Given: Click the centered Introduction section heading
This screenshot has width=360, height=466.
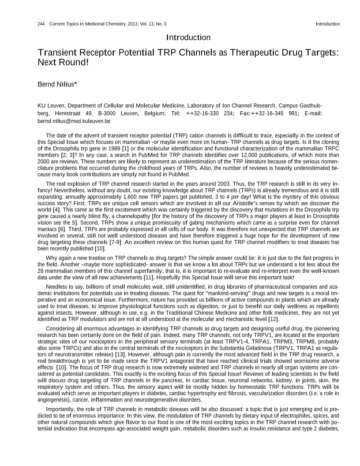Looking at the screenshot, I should (188, 38).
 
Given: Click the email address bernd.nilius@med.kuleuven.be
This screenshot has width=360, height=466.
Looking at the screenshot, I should (74, 121).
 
